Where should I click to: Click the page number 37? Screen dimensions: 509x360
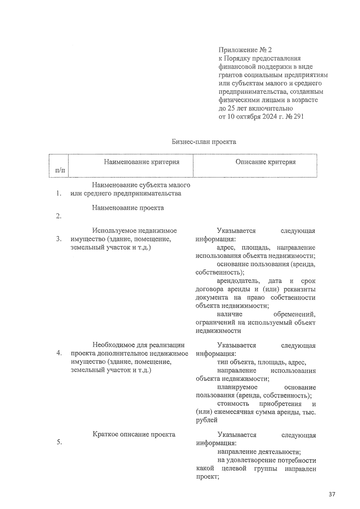[331, 494]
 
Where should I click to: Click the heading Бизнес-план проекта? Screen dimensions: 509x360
[204, 142]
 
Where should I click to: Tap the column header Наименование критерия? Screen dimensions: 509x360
[142, 162]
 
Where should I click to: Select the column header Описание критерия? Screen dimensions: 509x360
[265, 162]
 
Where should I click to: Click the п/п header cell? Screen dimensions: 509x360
[60, 170]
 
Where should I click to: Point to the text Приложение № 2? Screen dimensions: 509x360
[245, 49]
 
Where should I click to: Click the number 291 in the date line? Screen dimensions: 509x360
[298, 116]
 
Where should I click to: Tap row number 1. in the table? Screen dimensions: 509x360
[59, 193]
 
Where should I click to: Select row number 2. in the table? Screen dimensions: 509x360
[59, 216]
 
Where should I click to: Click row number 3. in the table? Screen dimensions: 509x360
[59, 239]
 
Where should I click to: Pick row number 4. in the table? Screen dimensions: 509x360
[59, 353]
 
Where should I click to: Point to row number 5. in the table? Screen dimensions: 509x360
[59, 442]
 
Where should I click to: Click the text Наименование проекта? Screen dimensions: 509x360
[128, 208]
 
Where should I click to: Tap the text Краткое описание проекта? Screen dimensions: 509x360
[134, 434]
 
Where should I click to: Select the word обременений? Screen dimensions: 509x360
[294, 314]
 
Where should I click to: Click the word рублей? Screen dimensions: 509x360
[207, 420]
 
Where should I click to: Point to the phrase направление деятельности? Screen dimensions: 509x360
[259, 452]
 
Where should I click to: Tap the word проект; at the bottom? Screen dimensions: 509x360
[207, 477]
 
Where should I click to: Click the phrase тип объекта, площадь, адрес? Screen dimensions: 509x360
[262, 362]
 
